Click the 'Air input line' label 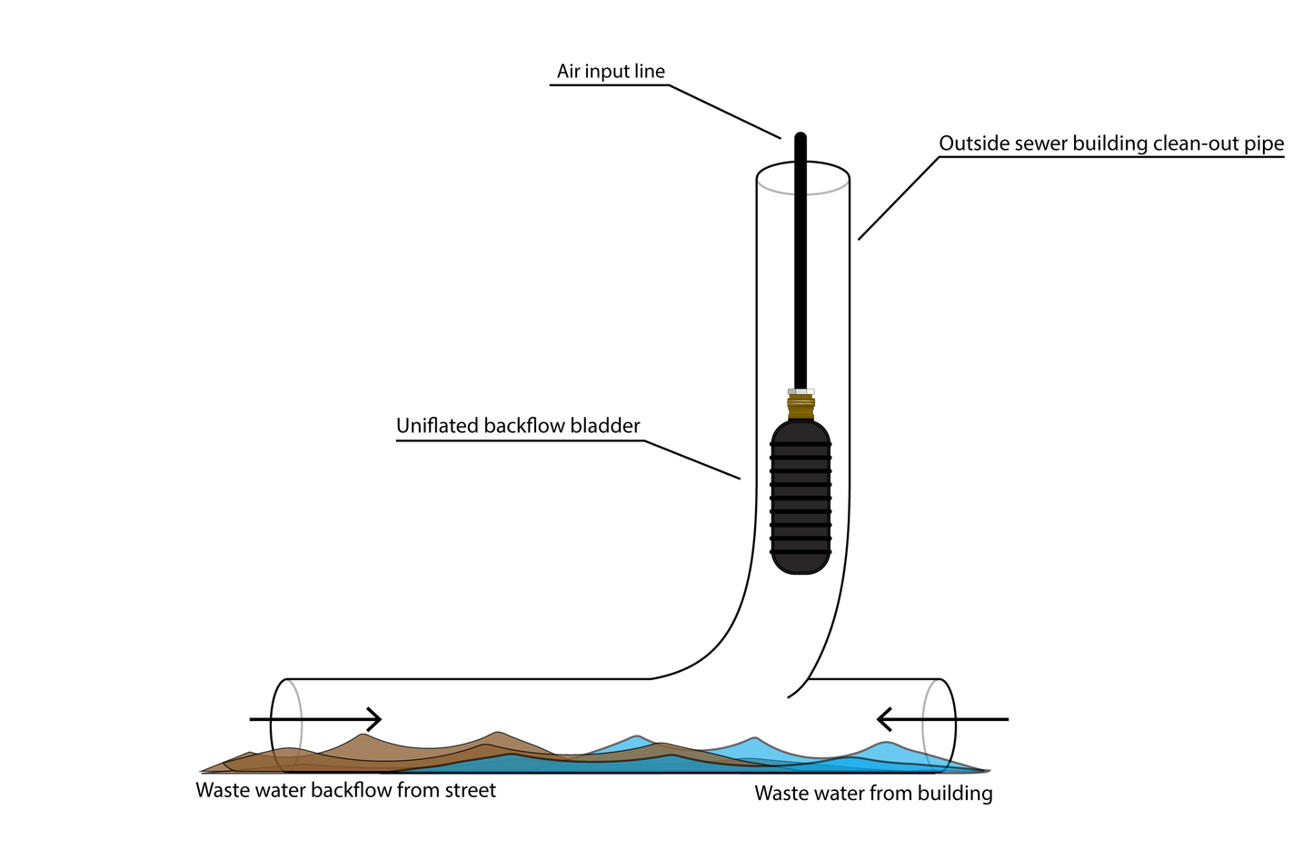[x=611, y=72]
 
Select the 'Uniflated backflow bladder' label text [x=518, y=426]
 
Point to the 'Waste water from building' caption [x=873, y=794]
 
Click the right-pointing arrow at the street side [x=315, y=719]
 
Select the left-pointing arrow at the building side [x=942, y=719]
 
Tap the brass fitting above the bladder [x=801, y=405]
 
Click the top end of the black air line [x=801, y=139]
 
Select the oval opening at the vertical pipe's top [x=803, y=178]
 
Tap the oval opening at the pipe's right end [x=940, y=723]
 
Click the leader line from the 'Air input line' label [x=724, y=112]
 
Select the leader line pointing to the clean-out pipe [x=898, y=198]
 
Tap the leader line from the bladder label [x=692, y=459]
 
